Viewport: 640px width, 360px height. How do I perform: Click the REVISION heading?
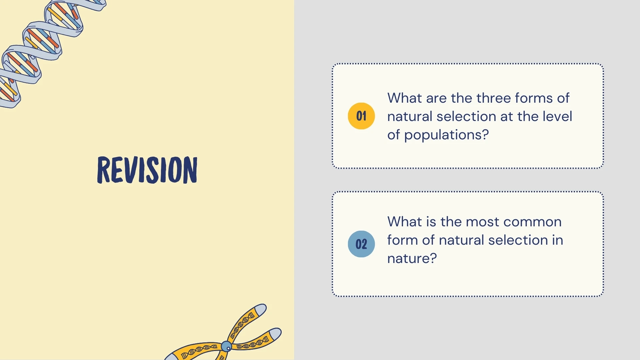[147, 170]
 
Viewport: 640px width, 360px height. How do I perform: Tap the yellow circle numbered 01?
[361, 116]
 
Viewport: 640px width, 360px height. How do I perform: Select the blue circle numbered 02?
[361, 244]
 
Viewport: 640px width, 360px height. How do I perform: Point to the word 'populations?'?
[446, 135]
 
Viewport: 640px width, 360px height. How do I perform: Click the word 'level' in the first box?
[557, 116]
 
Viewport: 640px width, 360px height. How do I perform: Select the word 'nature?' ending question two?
[412, 258]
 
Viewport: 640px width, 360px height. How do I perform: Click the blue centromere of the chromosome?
[227, 347]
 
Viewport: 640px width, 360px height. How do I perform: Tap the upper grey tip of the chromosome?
[261, 309]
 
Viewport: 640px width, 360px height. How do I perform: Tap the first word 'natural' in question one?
[410, 116]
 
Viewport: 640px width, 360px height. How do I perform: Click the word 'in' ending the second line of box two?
[557, 240]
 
